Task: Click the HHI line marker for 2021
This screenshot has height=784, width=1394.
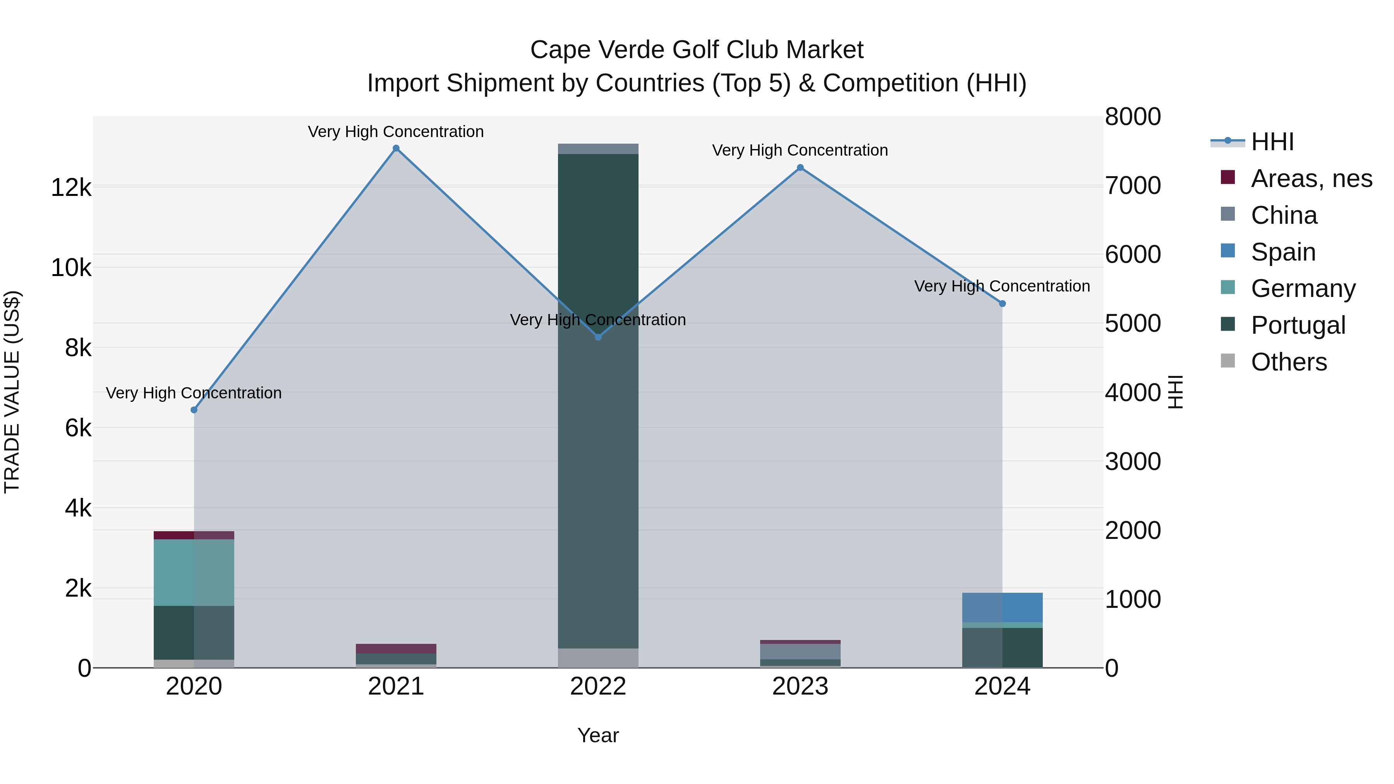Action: click(396, 148)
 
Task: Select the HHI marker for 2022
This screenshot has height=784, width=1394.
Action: click(598, 337)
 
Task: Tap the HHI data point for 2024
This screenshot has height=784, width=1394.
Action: click(1002, 304)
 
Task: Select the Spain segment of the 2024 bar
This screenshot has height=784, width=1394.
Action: click(1002, 607)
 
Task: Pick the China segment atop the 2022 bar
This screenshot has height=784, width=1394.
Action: click(598, 149)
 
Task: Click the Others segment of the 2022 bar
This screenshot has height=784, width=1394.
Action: click(598, 658)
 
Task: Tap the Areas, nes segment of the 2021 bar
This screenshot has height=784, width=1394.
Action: click(396, 649)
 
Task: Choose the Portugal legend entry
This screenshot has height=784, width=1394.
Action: click(1298, 325)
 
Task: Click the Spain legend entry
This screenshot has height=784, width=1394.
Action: click(1282, 252)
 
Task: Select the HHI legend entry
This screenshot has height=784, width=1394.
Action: click(1272, 142)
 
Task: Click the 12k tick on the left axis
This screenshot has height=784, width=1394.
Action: click(71, 188)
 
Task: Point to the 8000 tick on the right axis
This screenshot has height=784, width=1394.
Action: click(1133, 117)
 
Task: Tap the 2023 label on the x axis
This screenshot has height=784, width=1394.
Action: click(800, 686)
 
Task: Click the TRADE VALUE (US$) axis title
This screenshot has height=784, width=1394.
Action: click(12, 392)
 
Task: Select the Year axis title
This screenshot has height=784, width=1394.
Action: click(598, 735)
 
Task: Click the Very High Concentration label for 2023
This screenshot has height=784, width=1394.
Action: click(800, 151)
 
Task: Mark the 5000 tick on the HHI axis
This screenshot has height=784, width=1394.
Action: click(1133, 324)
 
